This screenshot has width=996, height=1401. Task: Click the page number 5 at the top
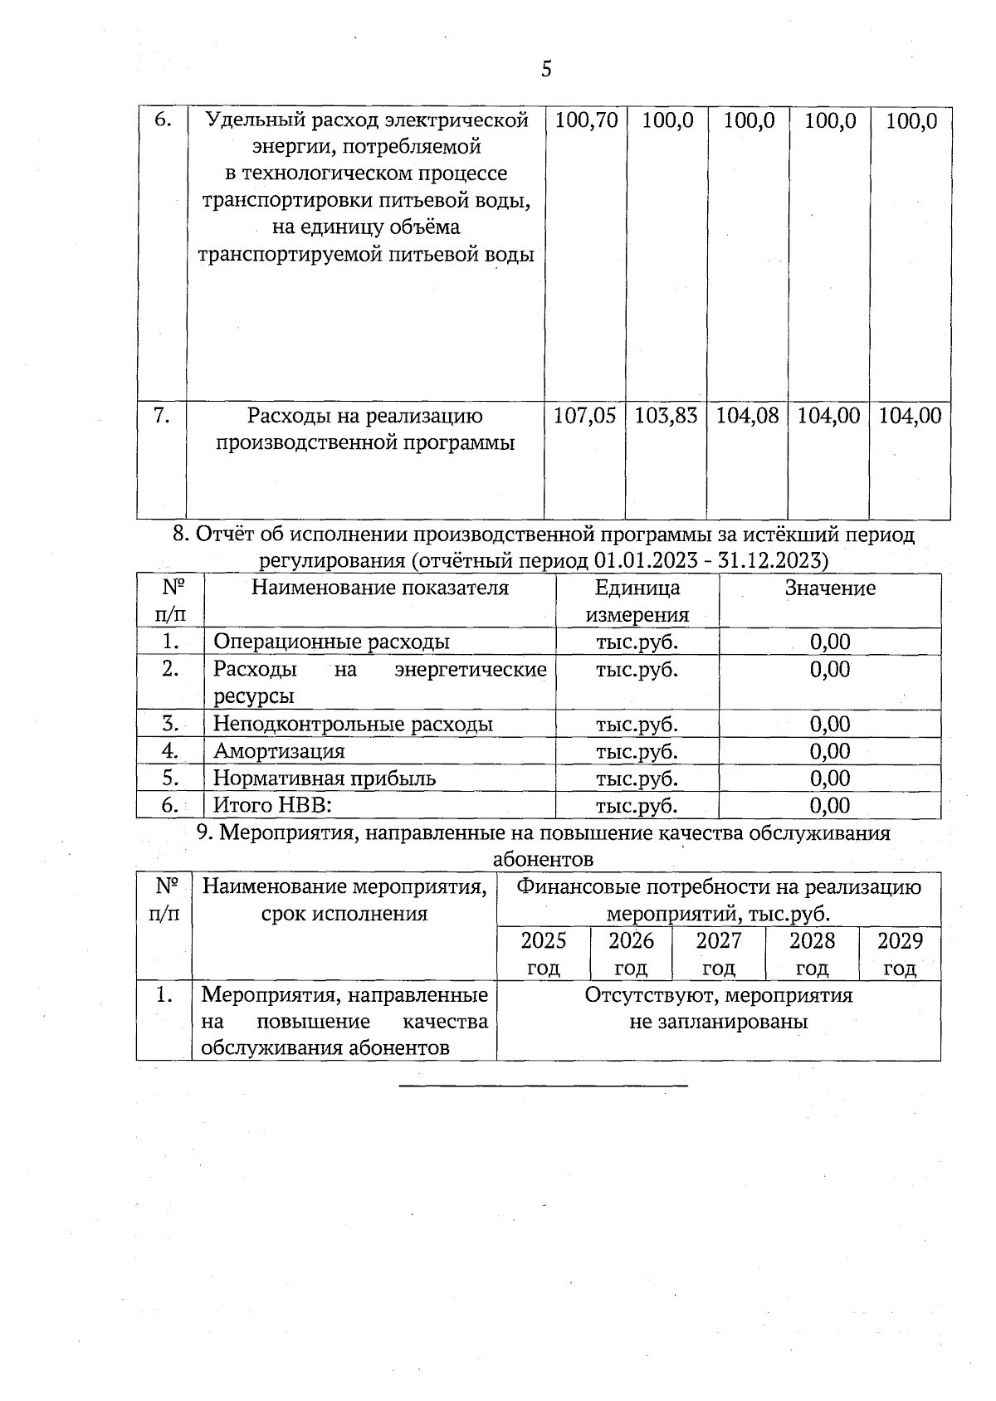(x=546, y=69)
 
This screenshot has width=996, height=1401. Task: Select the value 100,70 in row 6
(x=586, y=121)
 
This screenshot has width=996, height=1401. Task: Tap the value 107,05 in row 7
(x=584, y=416)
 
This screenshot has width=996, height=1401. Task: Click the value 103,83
(x=666, y=416)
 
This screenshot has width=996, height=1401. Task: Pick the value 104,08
(x=747, y=416)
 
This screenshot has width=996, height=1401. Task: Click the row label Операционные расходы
(x=331, y=642)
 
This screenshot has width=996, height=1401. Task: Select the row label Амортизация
(x=279, y=751)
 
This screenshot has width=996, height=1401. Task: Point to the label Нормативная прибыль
(x=324, y=779)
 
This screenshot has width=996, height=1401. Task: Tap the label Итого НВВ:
(x=273, y=805)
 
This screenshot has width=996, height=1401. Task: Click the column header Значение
(x=830, y=588)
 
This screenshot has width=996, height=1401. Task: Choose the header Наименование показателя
(x=380, y=588)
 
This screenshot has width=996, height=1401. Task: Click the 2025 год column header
(x=544, y=954)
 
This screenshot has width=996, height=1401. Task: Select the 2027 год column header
(x=719, y=954)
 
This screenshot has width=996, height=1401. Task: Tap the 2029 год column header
(x=900, y=954)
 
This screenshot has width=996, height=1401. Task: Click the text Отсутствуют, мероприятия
(x=719, y=995)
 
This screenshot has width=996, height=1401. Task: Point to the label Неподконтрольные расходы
(x=353, y=724)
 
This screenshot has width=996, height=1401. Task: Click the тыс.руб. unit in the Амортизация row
(x=637, y=751)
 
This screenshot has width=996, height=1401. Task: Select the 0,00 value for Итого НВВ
(x=830, y=805)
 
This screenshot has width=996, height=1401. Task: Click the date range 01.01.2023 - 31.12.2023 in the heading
(x=711, y=561)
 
